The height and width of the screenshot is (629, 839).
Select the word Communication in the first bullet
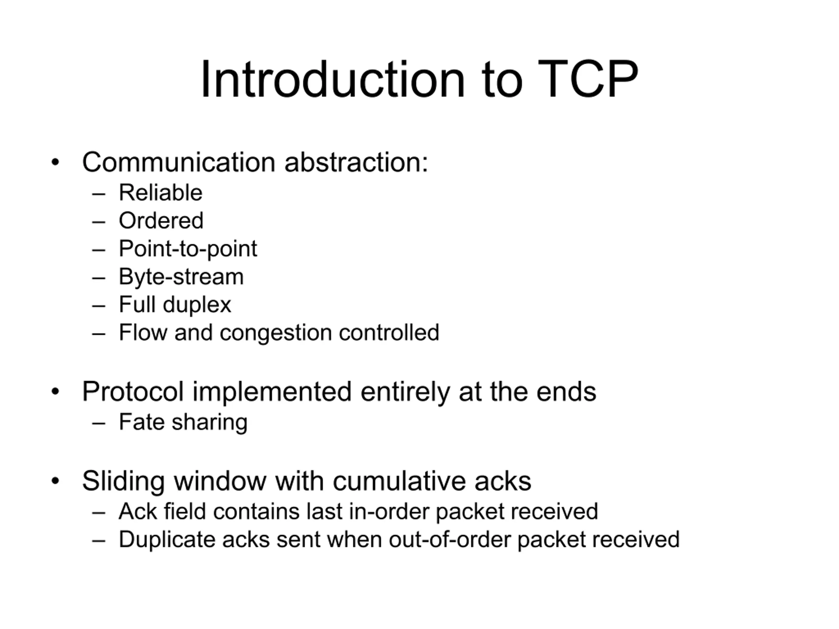[179, 162]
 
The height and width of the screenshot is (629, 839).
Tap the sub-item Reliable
[161, 192]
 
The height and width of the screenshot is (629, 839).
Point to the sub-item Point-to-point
[188, 249]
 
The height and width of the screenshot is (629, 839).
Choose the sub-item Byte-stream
[181, 277]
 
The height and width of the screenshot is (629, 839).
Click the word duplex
[197, 305]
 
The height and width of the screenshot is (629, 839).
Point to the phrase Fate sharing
[183, 422]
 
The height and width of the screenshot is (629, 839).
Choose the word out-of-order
[449, 540]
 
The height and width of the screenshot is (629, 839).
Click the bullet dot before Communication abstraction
[55, 162]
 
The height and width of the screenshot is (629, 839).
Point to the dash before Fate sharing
[99, 423]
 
